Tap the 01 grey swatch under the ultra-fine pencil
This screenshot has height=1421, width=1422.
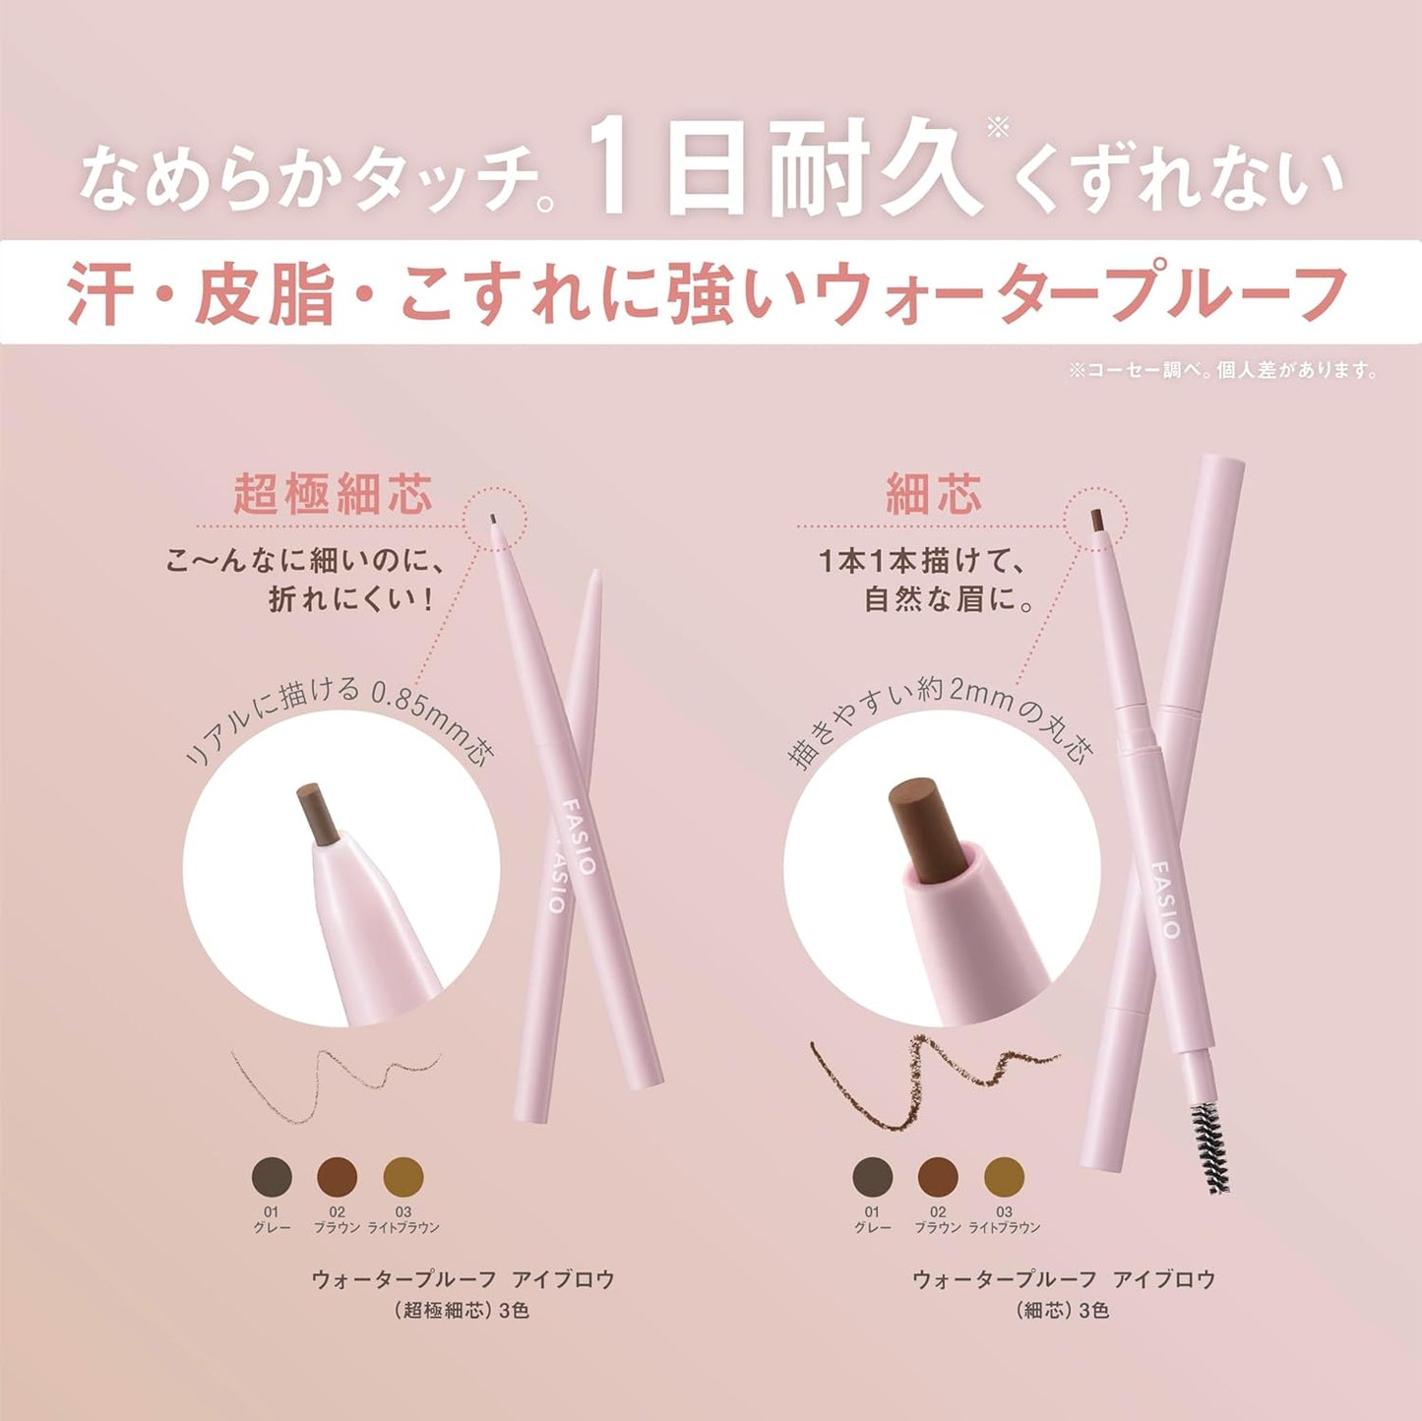click(273, 1176)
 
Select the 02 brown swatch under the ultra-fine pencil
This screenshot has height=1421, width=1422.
click(338, 1176)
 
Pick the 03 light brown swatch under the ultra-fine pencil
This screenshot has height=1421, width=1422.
click(403, 1176)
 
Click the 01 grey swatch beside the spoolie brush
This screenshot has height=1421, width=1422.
click(872, 1176)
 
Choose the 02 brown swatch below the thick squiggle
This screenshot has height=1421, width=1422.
click(938, 1176)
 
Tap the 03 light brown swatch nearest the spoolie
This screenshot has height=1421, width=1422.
click(1004, 1176)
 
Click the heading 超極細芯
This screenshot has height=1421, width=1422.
click(333, 494)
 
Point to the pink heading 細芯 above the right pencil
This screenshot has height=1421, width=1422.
click(934, 494)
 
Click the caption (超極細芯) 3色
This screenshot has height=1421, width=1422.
click(463, 1311)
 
